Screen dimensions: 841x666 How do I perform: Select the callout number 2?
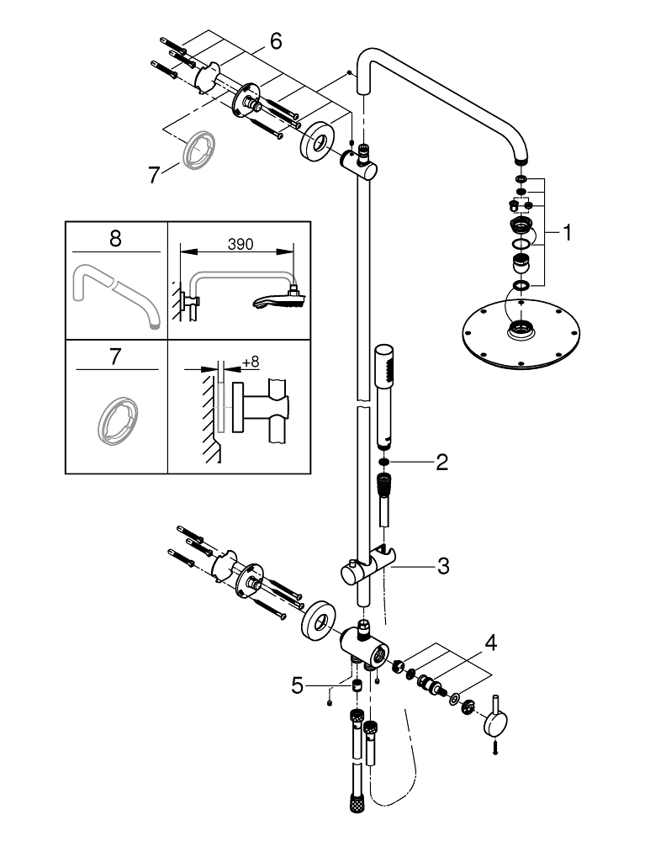[x=442, y=462]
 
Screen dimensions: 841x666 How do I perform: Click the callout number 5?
[x=297, y=686]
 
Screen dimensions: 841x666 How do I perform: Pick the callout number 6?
[x=276, y=40]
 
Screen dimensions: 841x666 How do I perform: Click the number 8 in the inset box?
[x=115, y=238]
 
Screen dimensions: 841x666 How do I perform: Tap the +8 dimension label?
[x=251, y=362]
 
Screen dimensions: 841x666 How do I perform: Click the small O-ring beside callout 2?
[x=383, y=462]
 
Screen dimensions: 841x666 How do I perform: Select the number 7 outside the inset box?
[x=153, y=175]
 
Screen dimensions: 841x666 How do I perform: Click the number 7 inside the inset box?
[x=115, y=356]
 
